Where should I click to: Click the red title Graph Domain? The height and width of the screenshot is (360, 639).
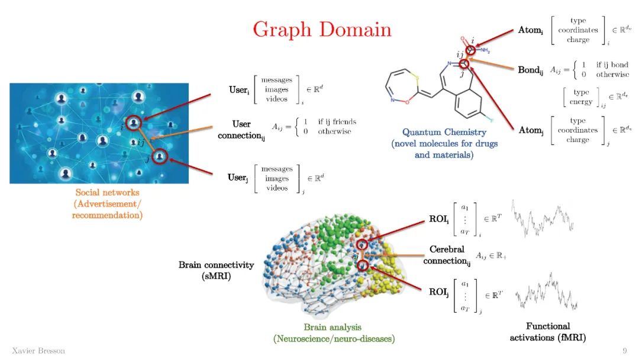(322, 30)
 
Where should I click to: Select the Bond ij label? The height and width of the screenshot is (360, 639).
(531, 70)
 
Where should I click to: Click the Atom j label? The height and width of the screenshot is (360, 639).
(531, 130)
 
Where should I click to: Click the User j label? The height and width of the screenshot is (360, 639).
(238, 178)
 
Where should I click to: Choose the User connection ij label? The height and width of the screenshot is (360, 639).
(241, 130)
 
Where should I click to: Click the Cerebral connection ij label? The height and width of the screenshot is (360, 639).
(447, 255)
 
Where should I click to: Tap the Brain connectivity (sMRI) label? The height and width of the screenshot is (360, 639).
(216, 271)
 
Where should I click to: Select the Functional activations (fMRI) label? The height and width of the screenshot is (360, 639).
(548, 332)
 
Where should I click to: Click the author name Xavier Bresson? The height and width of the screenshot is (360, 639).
(38, 351)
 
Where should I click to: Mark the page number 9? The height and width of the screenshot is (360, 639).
(624, 351)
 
